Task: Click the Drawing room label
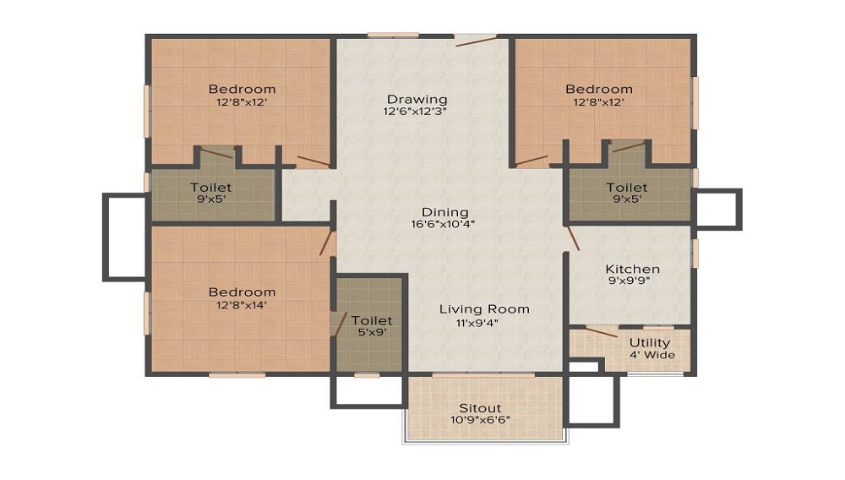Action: click(x=417, y=100)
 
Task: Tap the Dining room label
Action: click(x=445, y=212)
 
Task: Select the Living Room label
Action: click(x=484, y=309)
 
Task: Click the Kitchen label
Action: click(x=633, y=269)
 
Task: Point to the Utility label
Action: click(x=650, y=342)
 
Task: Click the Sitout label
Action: click(x=480, y=408)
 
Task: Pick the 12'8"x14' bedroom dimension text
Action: click(x=242, y=305)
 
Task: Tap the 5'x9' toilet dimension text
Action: click(x=372, y=332)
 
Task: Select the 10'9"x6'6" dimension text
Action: click(x=480, y=420)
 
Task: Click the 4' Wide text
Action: click(x=652, y=355)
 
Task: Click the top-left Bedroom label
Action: click(x=242, y=89)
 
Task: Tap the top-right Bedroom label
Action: click(x=598, y=89)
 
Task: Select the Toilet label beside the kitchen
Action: click(x=626, y=187)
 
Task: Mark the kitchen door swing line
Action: click(x=573, y=238)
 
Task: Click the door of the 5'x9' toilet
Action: click(x=341, y=323)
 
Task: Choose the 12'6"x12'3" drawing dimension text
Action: click(x=414, y=112)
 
